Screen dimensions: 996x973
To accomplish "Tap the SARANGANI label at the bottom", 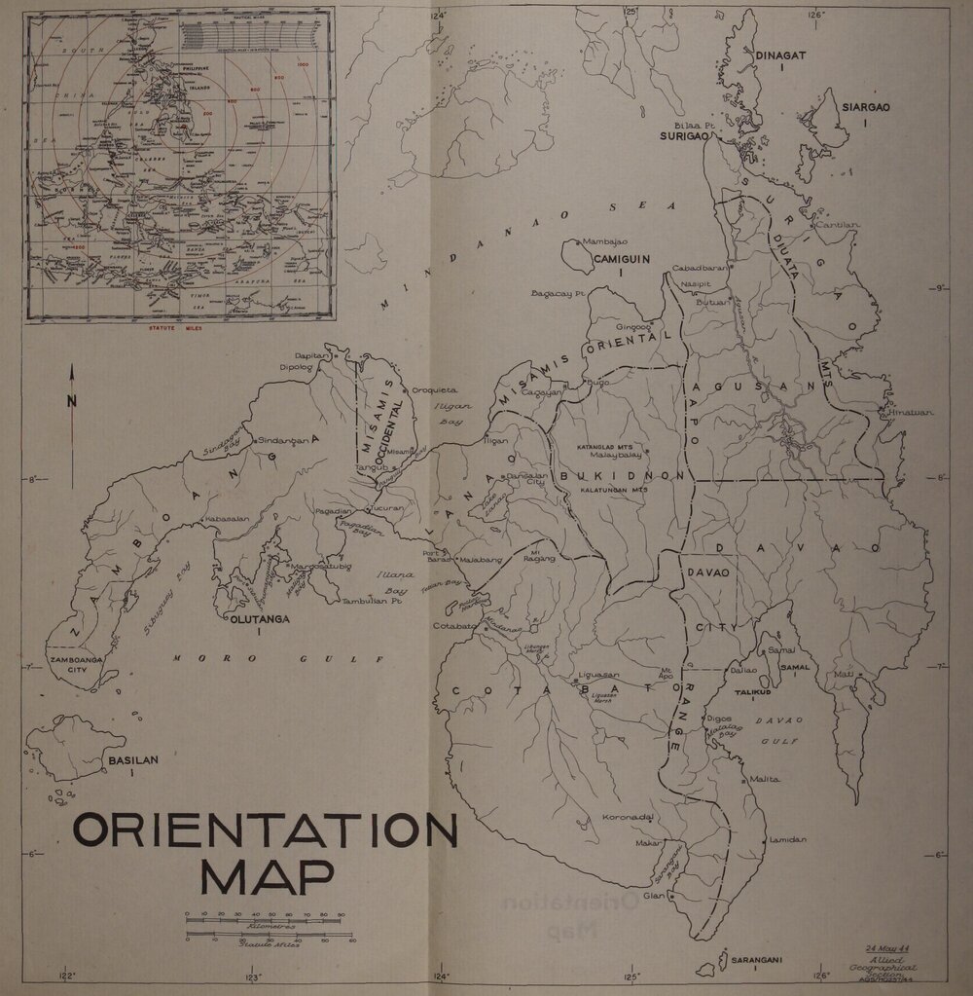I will pyautogui.click(x=758, y=959).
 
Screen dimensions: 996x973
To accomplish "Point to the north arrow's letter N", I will pyautogui.click(x=71, y=401).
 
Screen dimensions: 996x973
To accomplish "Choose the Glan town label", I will pyautogui.click(x=653, y=896).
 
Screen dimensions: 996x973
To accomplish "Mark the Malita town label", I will pyautogui.click(x=765, y=779).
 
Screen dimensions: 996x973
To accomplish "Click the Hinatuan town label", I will pyautogui.click(x=911, y=413).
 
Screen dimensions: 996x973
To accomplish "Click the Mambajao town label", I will pyautogui.click(x=605, y=240).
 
